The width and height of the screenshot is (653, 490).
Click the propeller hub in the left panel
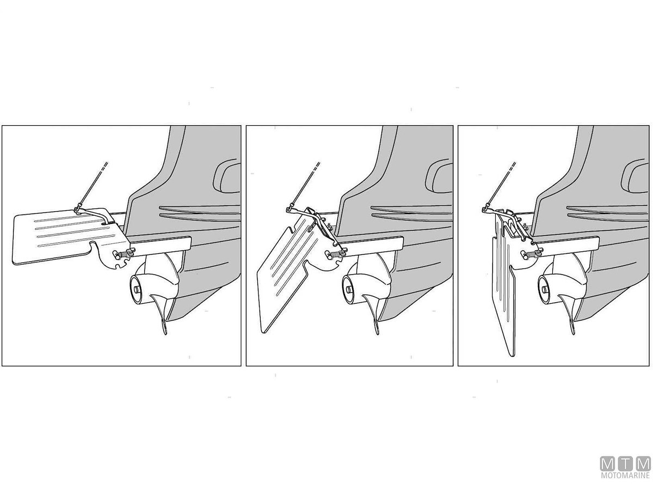coord(138,289)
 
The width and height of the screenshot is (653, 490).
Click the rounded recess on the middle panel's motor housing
coord(439,178)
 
